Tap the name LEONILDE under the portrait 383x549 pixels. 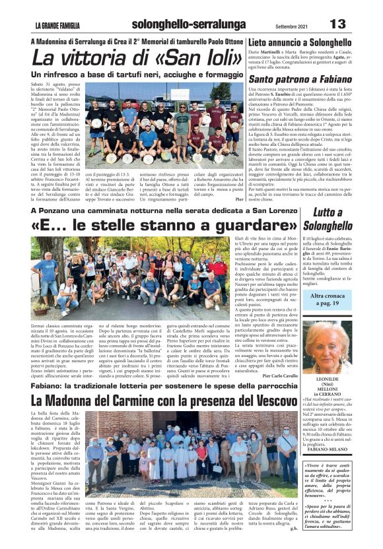(x=333, y=381)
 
